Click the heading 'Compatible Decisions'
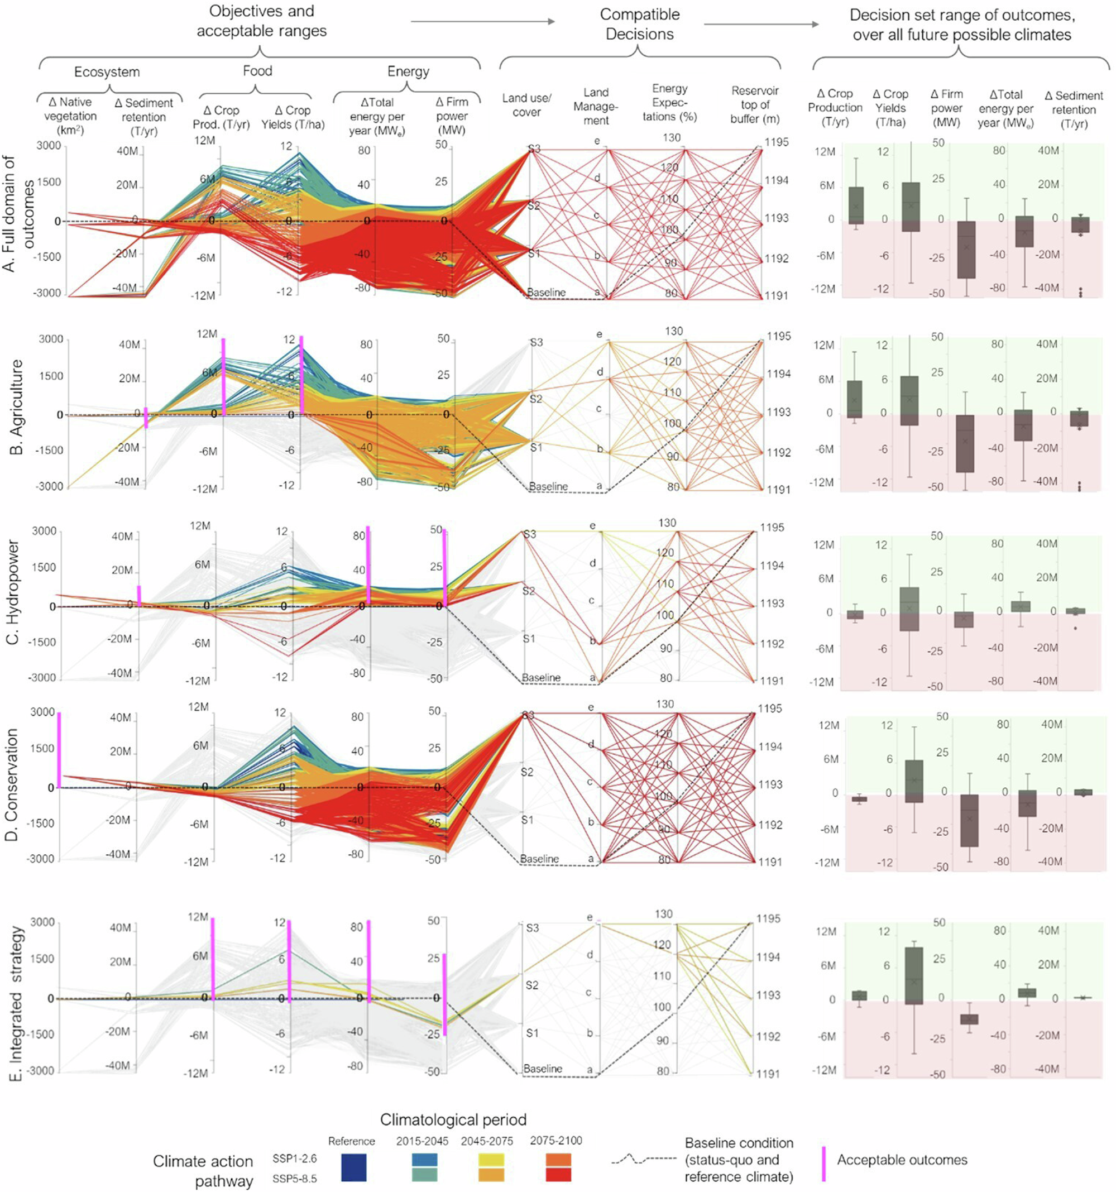(639, 24)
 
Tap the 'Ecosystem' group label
(107, 72)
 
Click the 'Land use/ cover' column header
(526, 105)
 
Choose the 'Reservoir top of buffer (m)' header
(754, 105)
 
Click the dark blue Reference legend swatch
(353, 1168)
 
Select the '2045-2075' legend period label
(486, 1141)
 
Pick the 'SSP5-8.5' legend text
(294, 1178)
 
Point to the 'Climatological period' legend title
(453, 1119)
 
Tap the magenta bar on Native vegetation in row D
(59, 749)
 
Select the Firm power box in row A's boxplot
(965, 249)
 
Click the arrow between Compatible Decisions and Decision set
(760, 24)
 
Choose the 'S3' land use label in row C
(529, 534)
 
